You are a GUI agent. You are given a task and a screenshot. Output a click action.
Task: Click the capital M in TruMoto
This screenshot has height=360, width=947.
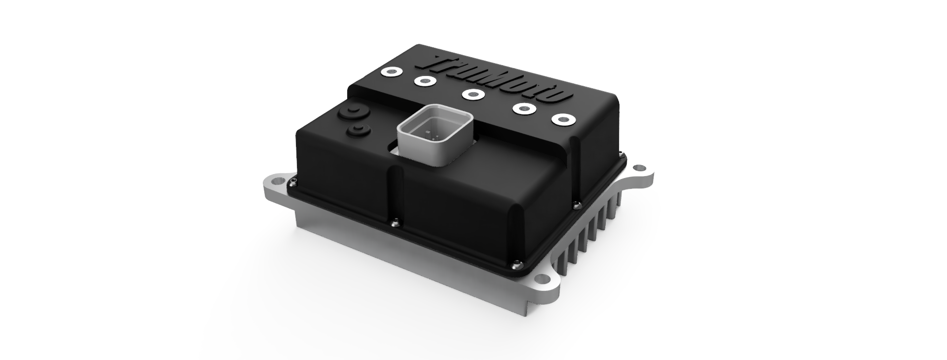click(x=498, y=83)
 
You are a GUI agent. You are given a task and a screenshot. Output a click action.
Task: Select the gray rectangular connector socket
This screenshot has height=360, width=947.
click(x=434, y=135)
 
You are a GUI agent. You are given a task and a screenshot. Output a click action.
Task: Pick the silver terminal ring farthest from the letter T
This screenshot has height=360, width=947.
click(x=562, y=119)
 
